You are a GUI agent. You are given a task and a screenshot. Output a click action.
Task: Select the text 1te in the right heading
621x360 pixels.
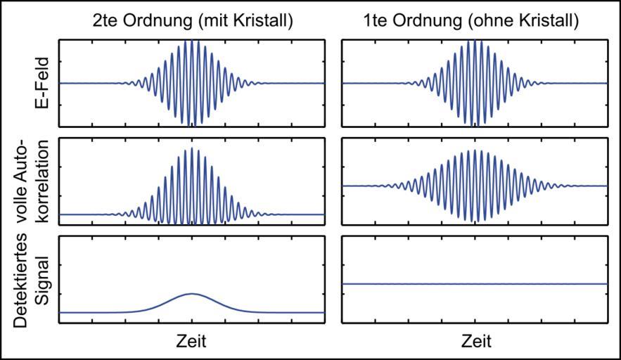point(390,22)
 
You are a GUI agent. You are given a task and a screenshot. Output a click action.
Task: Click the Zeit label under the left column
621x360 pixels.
point(191,342)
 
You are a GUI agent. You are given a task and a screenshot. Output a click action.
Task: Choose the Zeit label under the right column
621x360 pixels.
point(475,342)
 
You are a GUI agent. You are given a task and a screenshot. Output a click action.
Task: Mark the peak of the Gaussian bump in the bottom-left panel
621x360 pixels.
point(191,293)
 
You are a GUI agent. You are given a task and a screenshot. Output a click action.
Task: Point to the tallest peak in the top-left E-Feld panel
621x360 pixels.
point(191,42)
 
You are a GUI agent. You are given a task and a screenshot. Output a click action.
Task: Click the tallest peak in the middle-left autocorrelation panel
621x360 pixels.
point(191,148)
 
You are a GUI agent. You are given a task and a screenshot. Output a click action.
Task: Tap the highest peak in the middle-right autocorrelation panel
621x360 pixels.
point(475,150)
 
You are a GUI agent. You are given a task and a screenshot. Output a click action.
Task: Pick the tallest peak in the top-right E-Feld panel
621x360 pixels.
point(475,42)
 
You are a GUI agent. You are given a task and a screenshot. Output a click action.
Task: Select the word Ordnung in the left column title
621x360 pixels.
point(159,22)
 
